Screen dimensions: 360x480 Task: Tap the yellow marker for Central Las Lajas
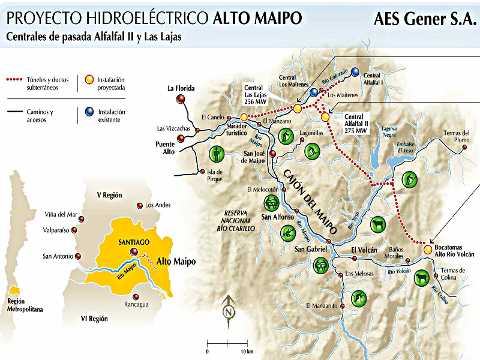coord(297,108)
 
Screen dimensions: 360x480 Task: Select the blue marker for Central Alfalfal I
coord(355,71)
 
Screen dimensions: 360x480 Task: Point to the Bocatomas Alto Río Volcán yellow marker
coord(427,248)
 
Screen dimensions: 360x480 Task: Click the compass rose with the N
coord(228,311)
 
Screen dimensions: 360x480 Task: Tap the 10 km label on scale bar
coord(246,351)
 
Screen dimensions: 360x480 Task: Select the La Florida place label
coord(181,88)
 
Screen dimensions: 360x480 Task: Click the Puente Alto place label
coord(164,148)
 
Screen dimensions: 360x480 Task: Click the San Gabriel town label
coord(310,248)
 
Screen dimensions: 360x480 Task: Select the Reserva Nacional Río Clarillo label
coord(239,221)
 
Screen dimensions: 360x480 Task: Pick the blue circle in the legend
coord(89,112)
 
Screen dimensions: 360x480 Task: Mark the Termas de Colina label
coord(453,274)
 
